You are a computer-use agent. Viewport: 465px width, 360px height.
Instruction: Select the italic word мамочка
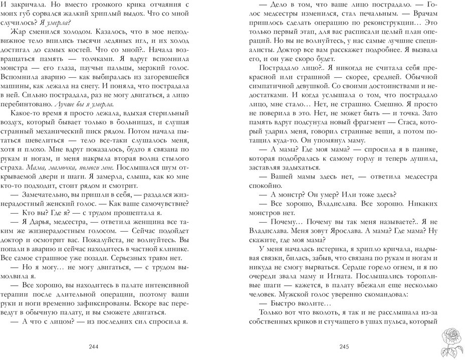pos(64,166)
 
